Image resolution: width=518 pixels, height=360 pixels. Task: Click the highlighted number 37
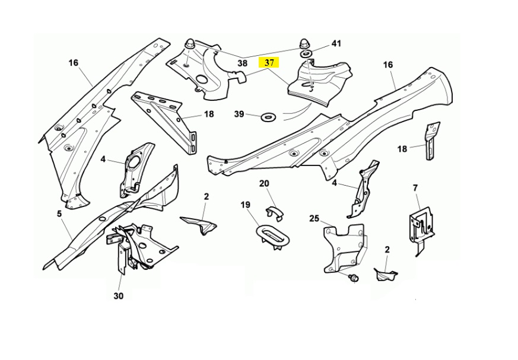(269, 62)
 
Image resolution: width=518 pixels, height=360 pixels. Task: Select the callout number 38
(242, 63)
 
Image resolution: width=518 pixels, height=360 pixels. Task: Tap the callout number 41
(336, 44)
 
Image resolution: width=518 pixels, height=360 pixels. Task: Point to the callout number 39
(239, 114)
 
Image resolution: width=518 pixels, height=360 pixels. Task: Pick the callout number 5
(59, 214)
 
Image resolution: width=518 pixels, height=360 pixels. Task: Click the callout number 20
(264, 184)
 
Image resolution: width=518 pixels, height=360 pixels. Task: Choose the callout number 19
(246, 205)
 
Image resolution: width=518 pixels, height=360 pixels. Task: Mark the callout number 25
(314, 219)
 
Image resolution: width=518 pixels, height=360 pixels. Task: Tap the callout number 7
(415, 189)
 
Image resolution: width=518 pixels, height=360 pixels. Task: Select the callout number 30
(119, 295)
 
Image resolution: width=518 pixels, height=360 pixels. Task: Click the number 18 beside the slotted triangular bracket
(209, 114)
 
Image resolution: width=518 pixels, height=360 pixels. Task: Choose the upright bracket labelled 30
(122, 255)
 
